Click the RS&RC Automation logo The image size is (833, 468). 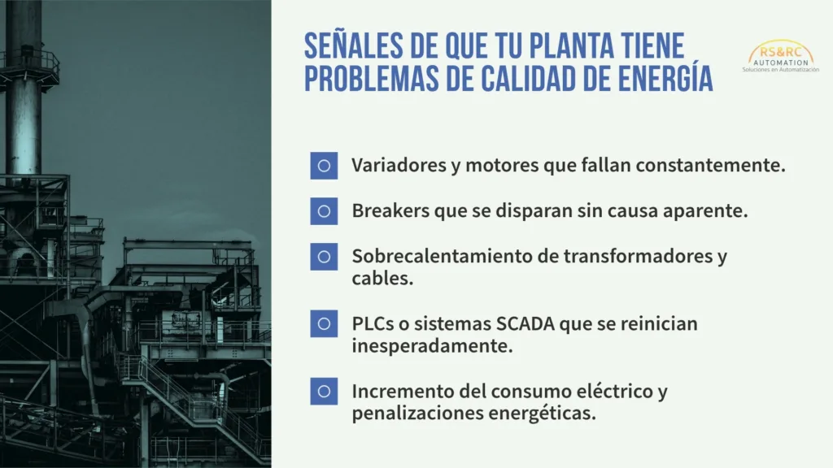(x=780, y=56)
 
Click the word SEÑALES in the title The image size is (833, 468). (x=353, y=45)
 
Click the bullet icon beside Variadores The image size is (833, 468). (x=324, y=166)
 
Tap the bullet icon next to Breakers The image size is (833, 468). (x=324, y=211)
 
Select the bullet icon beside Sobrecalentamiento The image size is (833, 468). (x=324, y=257)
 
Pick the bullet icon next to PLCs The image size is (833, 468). (x=324, y=323)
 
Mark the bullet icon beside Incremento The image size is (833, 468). (x=324, y=392)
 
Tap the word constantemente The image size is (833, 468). (x=710, y=165)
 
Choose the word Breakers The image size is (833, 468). (x=390, y=210)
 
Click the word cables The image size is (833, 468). (x=382, y=278)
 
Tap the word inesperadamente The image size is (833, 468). (x=432, y=346)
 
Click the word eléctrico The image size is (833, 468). (x=614, y=391)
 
